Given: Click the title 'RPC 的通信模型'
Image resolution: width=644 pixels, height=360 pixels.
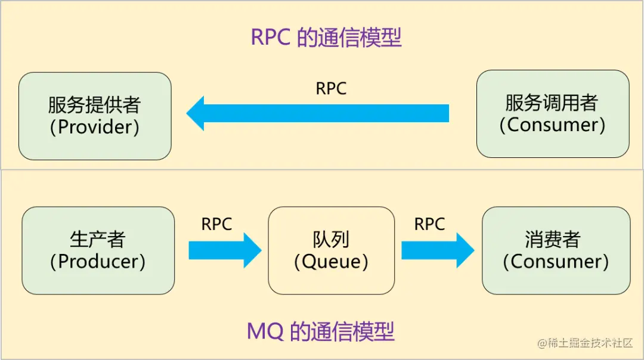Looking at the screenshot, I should click(326, 37).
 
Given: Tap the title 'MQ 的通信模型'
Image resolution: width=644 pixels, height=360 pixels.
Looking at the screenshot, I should click(321, 331).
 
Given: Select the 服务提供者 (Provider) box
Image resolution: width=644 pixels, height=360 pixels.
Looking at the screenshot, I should click(95, 116).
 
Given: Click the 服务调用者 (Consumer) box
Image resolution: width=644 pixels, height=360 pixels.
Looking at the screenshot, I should click(552, 114).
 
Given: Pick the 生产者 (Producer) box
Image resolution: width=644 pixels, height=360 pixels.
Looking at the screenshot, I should click(98, 250).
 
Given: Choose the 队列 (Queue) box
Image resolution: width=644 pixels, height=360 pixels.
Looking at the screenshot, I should click(331, 250).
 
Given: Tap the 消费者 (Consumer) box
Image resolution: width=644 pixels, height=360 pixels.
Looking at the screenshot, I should click(556, 250).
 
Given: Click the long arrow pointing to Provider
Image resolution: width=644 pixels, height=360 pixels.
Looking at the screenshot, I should click(318, 113).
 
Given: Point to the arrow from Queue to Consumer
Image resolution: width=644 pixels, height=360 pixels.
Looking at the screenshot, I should click(437, 250).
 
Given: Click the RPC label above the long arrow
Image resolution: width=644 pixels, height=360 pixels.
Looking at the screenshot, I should click(331, 89).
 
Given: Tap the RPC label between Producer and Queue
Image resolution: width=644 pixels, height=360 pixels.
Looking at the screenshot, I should click(216, 224).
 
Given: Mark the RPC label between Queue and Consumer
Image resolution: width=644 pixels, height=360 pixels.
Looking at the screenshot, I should click(429, 224).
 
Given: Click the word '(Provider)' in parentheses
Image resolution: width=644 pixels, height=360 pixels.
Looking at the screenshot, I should click(95, 128).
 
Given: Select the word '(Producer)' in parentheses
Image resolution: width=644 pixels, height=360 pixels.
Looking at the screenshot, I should click(98, 262).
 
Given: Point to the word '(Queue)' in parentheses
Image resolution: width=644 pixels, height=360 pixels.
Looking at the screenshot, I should click(331, 262).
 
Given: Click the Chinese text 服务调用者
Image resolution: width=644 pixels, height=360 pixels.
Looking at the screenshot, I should click(552, 103).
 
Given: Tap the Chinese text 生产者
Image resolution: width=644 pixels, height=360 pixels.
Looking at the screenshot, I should click(98, 240).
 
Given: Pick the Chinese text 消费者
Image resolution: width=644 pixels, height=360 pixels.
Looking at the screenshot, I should click(553, 240).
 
